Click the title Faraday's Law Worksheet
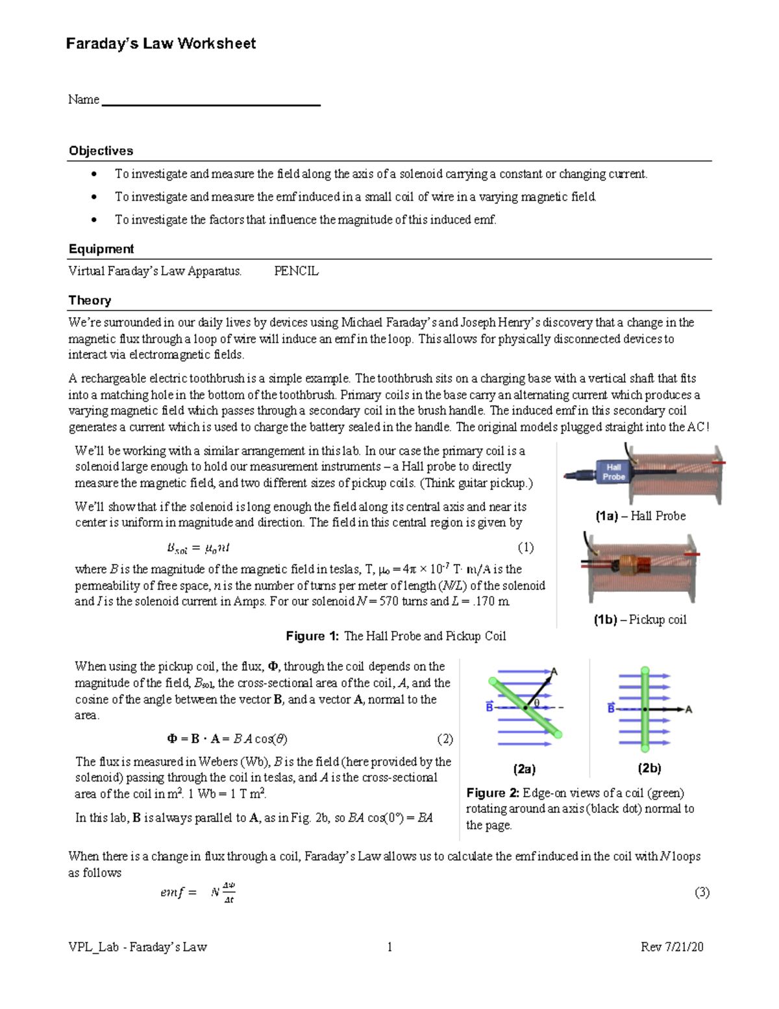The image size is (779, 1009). click(x=161, y=44)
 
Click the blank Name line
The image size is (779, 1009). click(x=211, y=103)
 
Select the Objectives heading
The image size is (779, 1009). click(x=101, y=151)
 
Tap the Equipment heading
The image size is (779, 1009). click(x=101, y=249)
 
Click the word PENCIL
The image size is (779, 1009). click(x=296, y=272)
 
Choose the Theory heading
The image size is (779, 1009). click(x=90, y=300)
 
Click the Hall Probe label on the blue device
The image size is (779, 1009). click(x=613, y=472)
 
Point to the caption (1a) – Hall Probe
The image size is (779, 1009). click(x=640, y=516)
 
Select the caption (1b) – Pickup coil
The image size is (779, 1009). click(x=639, y=620)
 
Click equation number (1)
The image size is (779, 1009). click(x=525, y=548)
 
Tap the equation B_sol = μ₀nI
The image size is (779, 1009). click(x=198, y=548)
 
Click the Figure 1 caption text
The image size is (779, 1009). click(x=395, y=636)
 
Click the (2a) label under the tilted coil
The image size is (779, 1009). click(x=524, y=769)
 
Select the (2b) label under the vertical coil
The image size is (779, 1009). click(x=649, y=769)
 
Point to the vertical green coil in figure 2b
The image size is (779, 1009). click(x=645, y=708)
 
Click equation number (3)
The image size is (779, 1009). click(x=702, y=892)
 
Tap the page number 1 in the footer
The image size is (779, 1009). click(x=389, y=947)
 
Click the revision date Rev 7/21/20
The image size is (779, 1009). click(x=672, y=947)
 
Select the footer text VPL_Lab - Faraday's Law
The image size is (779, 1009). click(x=138, y=947)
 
